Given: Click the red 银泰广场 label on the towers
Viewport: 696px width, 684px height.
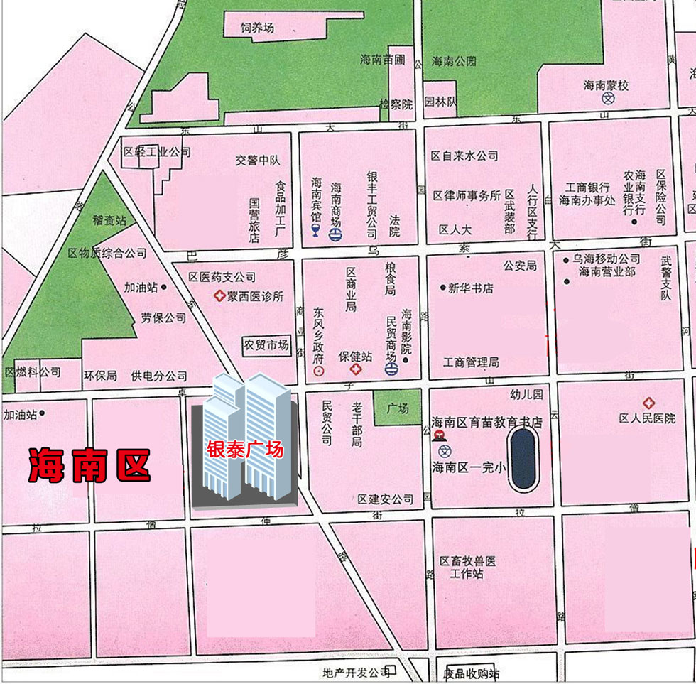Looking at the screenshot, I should (x=245, y=450).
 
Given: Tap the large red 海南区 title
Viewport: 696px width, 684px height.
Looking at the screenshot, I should (x=89, y=465).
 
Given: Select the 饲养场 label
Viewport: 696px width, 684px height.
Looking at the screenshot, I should (x=257, y=28).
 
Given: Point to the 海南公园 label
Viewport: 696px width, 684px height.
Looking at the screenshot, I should (x=455, y=61).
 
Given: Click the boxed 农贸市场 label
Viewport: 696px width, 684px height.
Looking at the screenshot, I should (x=266, y=345).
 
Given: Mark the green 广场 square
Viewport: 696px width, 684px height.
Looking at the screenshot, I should (x=397, y=408).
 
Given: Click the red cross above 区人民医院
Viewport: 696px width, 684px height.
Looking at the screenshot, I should (x=648, y=403).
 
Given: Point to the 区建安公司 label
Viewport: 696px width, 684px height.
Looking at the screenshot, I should (x=385, y=499).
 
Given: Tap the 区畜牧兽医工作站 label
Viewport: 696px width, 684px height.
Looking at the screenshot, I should (x=467, y=567).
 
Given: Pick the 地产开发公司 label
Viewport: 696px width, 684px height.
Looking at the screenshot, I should (x=356, y=672).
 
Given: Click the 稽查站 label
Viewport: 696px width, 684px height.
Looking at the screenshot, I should (x=109, y=221).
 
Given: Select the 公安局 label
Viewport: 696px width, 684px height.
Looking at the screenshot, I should (x=520, y=266).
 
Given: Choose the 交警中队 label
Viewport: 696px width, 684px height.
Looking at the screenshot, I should (x=258, y=161).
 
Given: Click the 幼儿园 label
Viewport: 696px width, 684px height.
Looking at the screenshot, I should (x=526, y=394).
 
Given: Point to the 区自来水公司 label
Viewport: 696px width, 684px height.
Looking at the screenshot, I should (x=464, y=156).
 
